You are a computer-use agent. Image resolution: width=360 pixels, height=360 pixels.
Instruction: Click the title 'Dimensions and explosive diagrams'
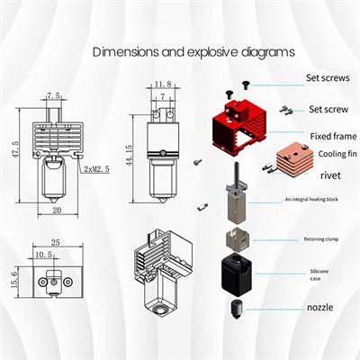click(194, 52)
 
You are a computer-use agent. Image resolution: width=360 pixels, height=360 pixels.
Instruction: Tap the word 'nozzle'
click(319, 308)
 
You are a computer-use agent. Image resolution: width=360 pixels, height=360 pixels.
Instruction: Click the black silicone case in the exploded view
click(239, 274)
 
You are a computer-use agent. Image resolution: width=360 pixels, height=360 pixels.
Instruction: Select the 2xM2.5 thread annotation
click(96, 169)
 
